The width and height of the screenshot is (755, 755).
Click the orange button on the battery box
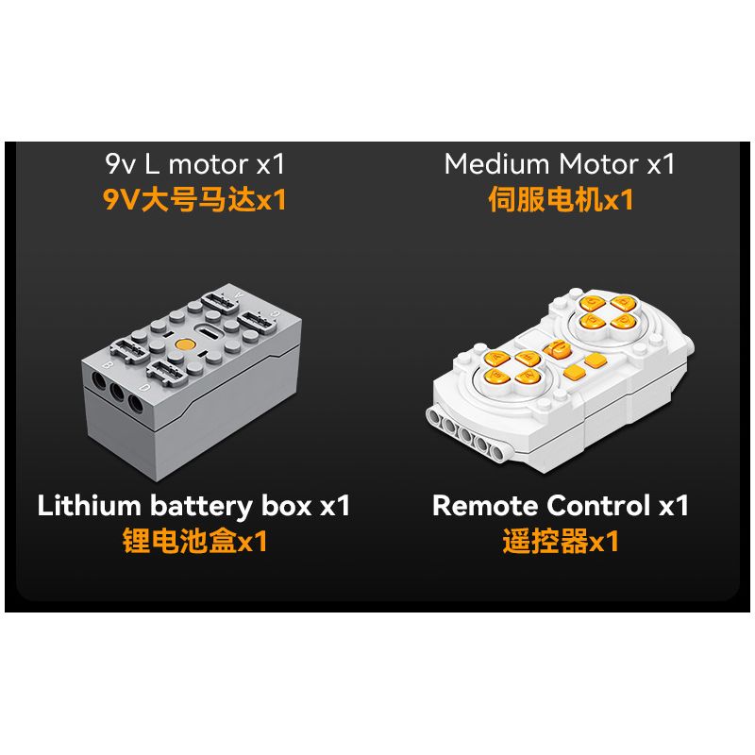(185, 344)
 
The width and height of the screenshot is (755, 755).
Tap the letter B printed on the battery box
(109, 365)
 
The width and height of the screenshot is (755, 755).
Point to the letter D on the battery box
(144, 388)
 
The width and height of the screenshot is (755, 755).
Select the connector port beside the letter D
(167, 372)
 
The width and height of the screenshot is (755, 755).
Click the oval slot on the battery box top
(209, 332)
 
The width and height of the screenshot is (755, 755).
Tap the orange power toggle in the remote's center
(557, 348)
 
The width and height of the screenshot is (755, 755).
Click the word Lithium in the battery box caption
(89, 506)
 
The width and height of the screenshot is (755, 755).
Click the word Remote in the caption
(485, 506)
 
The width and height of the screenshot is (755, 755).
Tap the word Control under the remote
(598, 506)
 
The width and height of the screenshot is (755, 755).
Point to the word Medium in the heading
(496, 163)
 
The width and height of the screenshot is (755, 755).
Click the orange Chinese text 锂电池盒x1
(194, 541)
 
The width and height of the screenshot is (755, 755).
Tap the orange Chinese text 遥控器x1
(561, 541)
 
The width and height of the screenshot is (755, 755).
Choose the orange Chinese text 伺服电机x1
(561, 199)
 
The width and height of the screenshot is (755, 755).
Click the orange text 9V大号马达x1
(194, 199)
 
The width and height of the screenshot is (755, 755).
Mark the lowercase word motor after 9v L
(208, 165)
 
